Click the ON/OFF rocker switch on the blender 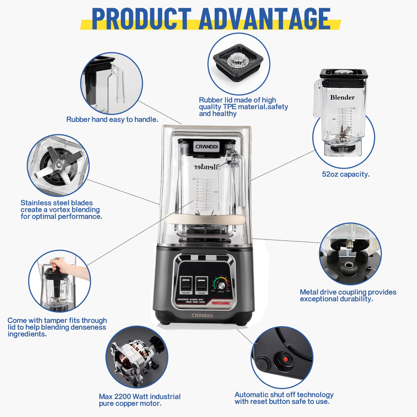coord(186,283)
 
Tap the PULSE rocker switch coord(202,283)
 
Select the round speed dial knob coord(221,285)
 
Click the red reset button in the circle coord(285,359)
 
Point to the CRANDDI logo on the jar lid coord(206,147)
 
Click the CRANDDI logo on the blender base coord(202,316)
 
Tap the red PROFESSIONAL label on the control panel coord(221,303)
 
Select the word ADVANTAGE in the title coord(264,19)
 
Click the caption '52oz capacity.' coord(346,174)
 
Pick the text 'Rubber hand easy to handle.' coord(112,120)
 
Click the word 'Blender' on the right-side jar coord(342,97)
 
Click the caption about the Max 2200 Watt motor coord(140,400)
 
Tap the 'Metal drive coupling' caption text coord(348,295)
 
